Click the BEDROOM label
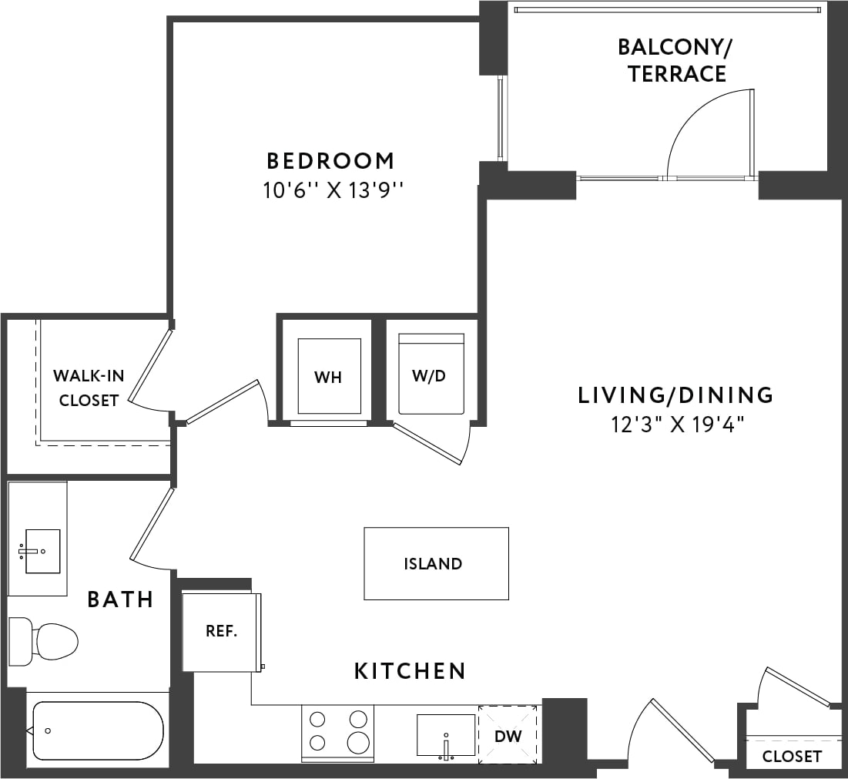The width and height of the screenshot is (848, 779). (x=330, y=161)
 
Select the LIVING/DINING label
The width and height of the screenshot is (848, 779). (x=675, y=395)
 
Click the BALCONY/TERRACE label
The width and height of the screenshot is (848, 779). (x=675, y=60)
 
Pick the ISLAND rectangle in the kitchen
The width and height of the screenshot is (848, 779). (x=436, y=563)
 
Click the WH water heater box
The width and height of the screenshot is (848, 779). (x=329, y=376)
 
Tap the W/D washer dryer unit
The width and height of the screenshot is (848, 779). (x=431, y=374)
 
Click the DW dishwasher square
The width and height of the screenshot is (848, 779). (x=508, y=735)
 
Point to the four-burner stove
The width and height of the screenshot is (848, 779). (x=337, y=732)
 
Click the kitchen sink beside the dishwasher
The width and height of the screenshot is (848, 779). (x=446, y=735)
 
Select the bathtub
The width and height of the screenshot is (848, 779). (x=96, y=730)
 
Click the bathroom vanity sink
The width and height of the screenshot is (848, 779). (x=42, y=550)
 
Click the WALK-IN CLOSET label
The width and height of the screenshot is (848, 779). (x=89, y=388)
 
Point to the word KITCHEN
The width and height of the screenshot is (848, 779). (x=410, y=671)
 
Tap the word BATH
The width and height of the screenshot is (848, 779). (x=120, y=599)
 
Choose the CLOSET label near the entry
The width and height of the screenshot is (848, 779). (x=792, y=757)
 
